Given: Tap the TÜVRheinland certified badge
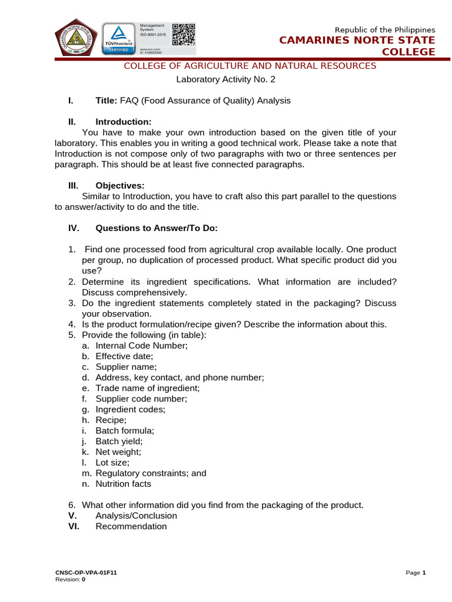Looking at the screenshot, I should coord(118,39).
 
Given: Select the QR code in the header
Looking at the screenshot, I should coord(183,35).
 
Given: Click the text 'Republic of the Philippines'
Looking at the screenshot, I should coord(385,30).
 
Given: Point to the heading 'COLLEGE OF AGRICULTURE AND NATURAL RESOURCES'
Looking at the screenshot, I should coord(250,66).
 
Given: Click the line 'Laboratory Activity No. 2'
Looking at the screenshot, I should coord(226,79).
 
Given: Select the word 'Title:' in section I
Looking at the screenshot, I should coord(107,101).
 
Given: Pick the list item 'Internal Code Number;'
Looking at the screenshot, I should coord(141,346).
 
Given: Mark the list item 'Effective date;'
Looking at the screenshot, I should coord(124,356).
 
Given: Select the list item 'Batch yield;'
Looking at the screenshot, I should coord(119,441).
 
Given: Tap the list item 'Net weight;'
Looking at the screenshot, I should coord(118,452).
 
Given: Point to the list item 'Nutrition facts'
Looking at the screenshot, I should coord(123,484).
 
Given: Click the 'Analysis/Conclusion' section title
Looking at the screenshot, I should coord(136,516).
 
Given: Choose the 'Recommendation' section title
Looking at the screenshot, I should coord(131,526).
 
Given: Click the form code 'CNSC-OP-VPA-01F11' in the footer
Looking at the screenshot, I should coord(86,573).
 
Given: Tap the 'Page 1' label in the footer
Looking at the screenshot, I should coord(416,573).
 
